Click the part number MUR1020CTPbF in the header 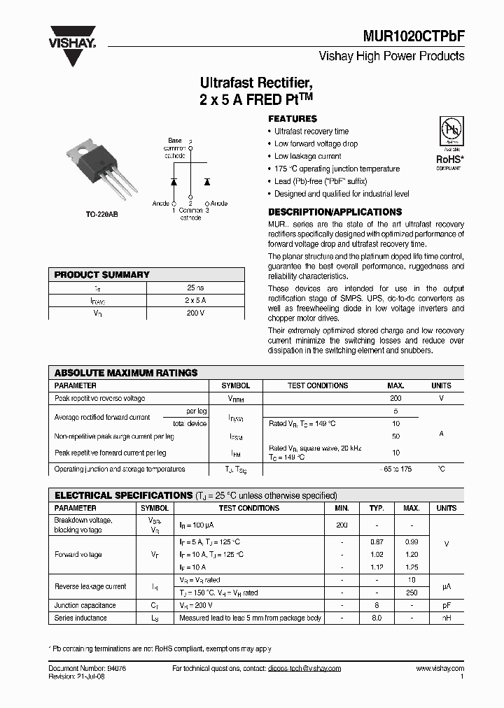coord(412,35)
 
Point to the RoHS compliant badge coord(449,143)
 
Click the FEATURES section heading coord(293,119)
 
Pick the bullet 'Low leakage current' coord(307,156)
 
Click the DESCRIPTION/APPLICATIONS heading coord(335,212)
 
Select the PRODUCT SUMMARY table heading coord(102,275)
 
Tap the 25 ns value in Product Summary coord(195,288)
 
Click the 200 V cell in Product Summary coord(195,313)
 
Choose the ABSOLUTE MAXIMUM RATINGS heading coord(126,373)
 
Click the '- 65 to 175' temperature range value coord(395,469)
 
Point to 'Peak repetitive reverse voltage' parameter coord(99,398)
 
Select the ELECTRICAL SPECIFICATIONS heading coord(123,495)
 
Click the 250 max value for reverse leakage coord(412,593)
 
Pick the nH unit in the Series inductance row coord(446,618)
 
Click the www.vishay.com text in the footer coord(440,669)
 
